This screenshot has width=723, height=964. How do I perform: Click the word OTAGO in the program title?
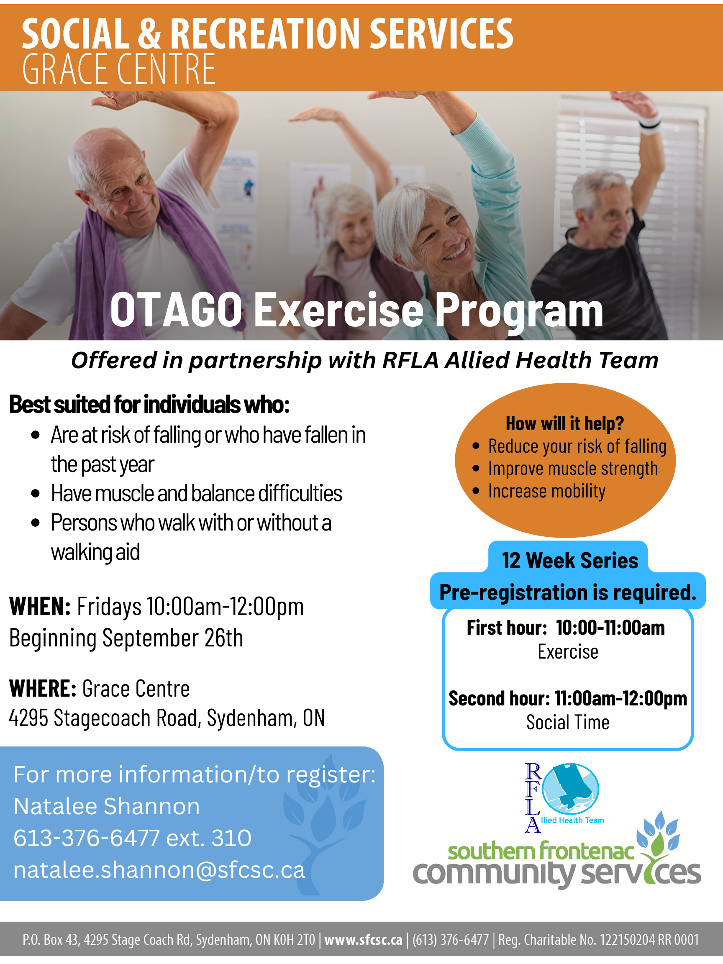[176, 310]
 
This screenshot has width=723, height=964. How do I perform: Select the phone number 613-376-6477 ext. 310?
[133, 837]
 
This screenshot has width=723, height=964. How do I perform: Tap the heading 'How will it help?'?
[565, 423]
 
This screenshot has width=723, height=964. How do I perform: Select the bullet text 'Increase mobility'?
[546, 491]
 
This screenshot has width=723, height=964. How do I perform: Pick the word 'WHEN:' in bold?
[40, 606]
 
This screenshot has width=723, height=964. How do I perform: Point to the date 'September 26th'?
[172, 638]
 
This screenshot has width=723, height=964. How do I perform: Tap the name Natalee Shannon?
[107, 806]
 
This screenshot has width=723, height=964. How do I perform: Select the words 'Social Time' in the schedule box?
[568, 722]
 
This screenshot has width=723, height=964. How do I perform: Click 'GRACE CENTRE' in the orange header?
[119, 69]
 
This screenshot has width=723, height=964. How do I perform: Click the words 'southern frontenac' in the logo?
[541, 851]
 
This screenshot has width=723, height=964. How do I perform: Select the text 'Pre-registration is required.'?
[568, 592]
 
